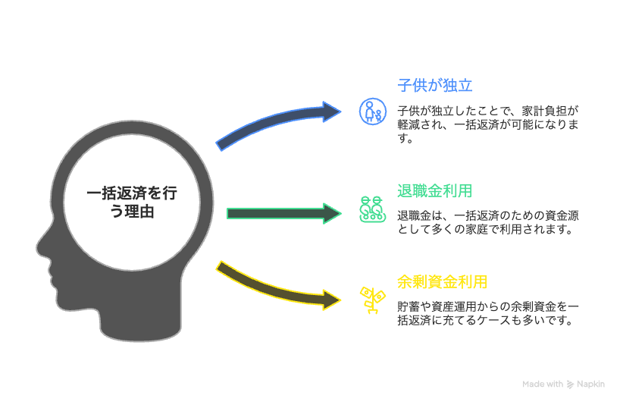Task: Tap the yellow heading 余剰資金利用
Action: pos(442,282)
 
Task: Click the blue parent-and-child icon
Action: pos(371,111)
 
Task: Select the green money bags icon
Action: pos(371,209)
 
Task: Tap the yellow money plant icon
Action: pos(371,300)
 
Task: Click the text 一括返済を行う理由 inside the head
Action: pos(132,202)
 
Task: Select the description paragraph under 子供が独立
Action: pos(487,124)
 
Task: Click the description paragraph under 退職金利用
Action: pos(488,222)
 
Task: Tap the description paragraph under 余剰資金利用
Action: pos(488,313)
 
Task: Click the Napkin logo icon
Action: pos(571,385)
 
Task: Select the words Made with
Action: pos(543,385)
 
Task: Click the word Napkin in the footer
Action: pos(591,385)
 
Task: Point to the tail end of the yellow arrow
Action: pos(221,267)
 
